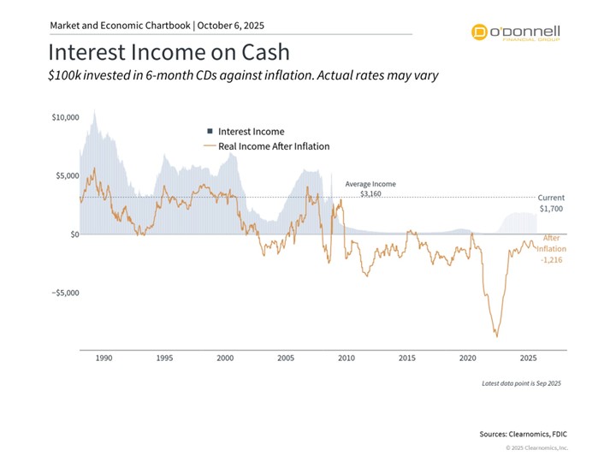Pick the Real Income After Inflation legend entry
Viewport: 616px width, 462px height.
267,146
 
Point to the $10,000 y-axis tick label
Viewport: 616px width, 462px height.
65,116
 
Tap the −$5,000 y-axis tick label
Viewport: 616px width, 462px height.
64,293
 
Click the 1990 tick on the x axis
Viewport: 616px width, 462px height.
104,358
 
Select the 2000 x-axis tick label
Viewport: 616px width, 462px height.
225,358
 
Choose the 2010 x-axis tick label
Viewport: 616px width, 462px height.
346,358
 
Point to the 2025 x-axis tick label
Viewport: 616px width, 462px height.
529,358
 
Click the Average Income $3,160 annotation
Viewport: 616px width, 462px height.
370,189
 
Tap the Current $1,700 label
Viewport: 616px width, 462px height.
551,203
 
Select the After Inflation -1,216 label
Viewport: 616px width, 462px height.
552,248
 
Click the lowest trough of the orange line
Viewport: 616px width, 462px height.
495,336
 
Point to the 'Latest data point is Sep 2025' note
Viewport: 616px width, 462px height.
522,384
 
